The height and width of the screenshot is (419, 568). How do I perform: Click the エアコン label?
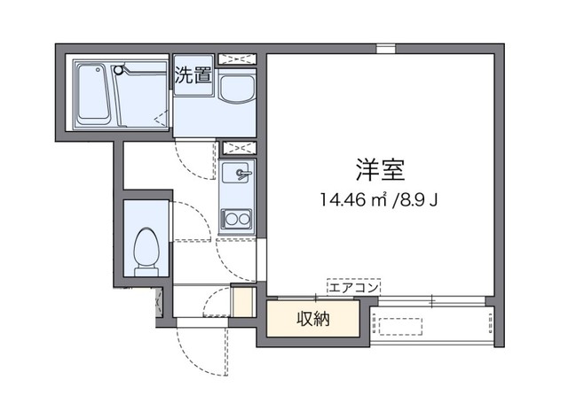pos(353,287)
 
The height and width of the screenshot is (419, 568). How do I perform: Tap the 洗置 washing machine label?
pos(193,74)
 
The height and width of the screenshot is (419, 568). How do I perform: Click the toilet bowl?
pos(145,243)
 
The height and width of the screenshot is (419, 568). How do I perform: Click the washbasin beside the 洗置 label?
pos(236,92)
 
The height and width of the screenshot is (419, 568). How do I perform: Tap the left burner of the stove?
pos(230,217)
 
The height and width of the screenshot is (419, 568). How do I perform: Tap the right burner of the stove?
pos(243,217)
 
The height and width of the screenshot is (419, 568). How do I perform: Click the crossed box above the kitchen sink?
pos(238,147)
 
